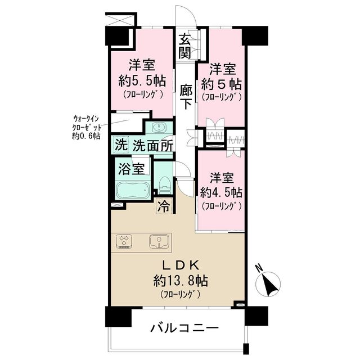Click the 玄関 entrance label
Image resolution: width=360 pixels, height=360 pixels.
point(185,46)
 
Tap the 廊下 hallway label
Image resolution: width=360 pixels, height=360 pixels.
point(186,97)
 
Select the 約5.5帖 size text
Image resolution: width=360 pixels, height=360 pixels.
point(142,81)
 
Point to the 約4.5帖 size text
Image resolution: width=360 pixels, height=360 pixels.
point(221,192)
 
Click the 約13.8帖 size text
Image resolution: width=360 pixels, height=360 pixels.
point(181,281)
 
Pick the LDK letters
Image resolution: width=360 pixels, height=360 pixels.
point(180,265)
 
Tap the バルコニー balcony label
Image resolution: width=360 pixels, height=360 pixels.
point(184,328)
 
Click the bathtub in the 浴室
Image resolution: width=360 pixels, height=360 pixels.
point(133,190)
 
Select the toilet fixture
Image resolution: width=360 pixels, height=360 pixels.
point(165,184)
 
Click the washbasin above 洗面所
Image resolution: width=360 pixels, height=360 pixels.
point(159,128)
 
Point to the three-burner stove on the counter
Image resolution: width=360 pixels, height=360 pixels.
point(124,241)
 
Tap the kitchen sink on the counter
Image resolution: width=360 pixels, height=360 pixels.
point(159,241)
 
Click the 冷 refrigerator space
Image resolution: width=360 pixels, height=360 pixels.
point(164,206)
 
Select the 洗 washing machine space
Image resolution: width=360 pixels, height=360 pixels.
point(121,145)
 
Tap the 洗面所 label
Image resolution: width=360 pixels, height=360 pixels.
point(153,146)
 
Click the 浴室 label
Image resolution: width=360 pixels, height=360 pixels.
point(131,169)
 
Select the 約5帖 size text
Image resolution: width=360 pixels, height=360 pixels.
point(221,84)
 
